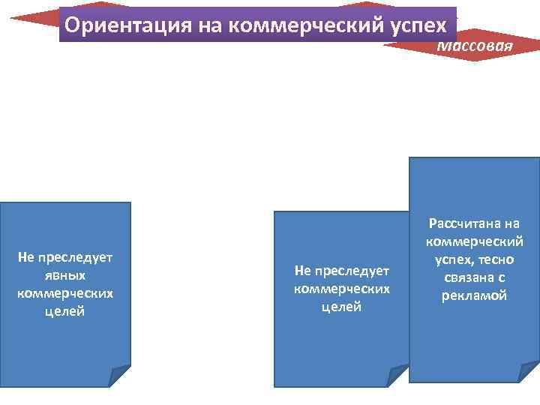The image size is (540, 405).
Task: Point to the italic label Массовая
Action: pos(475,46)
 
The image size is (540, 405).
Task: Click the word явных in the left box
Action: pos(64,274)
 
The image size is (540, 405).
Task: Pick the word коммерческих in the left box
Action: pos(64,292)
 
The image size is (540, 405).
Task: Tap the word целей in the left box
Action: pos(64,310)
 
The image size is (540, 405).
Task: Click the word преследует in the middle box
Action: pos(352,271)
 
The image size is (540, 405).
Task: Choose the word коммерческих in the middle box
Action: pos(341,289)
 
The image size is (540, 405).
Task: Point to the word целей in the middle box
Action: pos(341,307)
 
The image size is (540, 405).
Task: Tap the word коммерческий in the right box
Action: pos(474,241)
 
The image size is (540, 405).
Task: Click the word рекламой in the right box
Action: pos(474,295)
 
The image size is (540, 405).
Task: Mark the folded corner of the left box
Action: pos(119,376)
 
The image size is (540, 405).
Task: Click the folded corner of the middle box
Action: pos(397,375)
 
